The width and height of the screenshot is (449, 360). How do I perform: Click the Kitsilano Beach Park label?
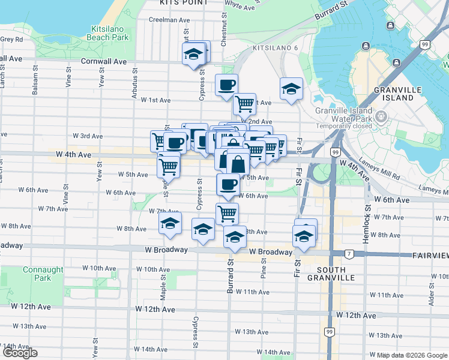(x=109, y=33)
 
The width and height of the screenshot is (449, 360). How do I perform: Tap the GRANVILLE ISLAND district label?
(x=393, y=93)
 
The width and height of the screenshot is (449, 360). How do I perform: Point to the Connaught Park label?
(x=43, y=274)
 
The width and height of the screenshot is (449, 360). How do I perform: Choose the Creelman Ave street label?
(x=169, y=20)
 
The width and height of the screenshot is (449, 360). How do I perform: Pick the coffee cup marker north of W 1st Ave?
(x=226, y=85)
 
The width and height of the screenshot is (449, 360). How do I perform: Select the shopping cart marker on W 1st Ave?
(x=244, y=104)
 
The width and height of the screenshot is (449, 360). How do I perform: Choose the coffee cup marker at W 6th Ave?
(x=228, y=185)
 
